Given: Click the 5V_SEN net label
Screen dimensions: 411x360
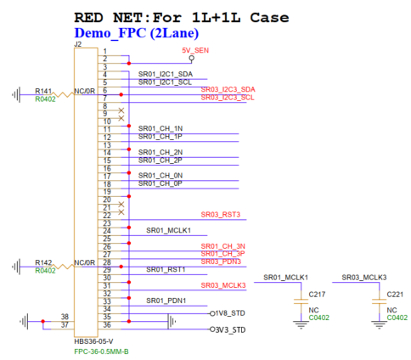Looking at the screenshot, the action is click(195, 50).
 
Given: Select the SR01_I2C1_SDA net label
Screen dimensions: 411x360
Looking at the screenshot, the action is click(166, 74).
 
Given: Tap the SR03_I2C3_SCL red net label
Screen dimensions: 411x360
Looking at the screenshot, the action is click(228, 98).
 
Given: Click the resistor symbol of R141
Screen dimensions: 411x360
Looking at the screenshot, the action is click(63, 94).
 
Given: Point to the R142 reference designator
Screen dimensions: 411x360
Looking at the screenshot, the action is click(43, 262).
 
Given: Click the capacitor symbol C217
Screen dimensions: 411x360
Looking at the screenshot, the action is click(301, 301).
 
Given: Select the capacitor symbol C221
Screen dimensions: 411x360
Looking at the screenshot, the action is click(379, 301).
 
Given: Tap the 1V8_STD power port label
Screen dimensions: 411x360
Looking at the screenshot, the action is click(230, 313).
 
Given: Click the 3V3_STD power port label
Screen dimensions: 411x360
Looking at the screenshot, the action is click(230, 329).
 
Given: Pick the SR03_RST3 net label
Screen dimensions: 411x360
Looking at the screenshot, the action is click(221, 215).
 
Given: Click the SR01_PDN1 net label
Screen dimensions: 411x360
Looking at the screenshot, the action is click(166, 301).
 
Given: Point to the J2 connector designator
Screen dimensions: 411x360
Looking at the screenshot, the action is click(78, 44).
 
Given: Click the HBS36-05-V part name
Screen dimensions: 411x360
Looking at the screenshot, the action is click(93, 341).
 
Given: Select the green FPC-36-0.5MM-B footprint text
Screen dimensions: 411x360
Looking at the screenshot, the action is click(101, 352).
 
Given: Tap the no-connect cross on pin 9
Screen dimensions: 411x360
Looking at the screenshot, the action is click(121, 110).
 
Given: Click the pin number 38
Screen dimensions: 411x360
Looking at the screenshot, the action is click(65, 317).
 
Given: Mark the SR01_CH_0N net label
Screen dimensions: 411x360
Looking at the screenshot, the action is click(160, 176).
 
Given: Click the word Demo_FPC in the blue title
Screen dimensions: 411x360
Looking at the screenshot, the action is click(110, 33).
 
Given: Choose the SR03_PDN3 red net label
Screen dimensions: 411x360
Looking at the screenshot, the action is click(221, 262).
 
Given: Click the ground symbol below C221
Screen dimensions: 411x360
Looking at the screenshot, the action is click(379, 325).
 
